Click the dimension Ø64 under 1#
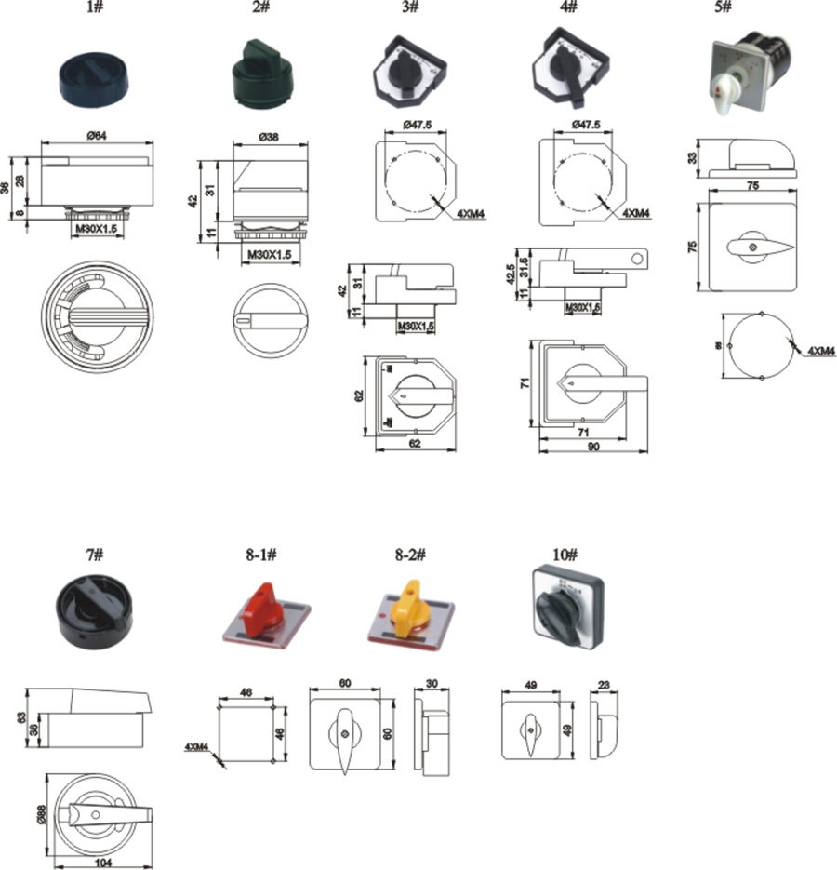tap(96, 137)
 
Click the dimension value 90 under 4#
tap(592, 448)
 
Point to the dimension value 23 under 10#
tap(604, 685)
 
